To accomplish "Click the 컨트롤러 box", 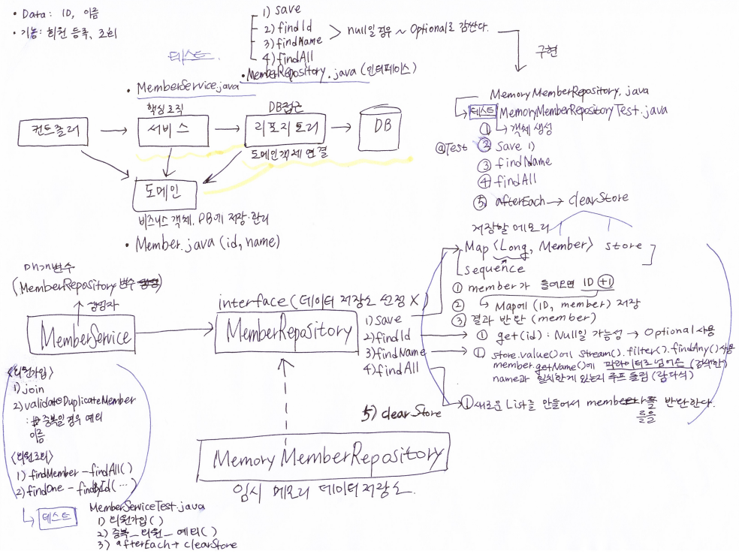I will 53,134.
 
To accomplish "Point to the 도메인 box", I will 167,194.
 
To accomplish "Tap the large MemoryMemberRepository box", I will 324,456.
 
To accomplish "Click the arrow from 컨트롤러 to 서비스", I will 113,132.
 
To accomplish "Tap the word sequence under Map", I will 496,269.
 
